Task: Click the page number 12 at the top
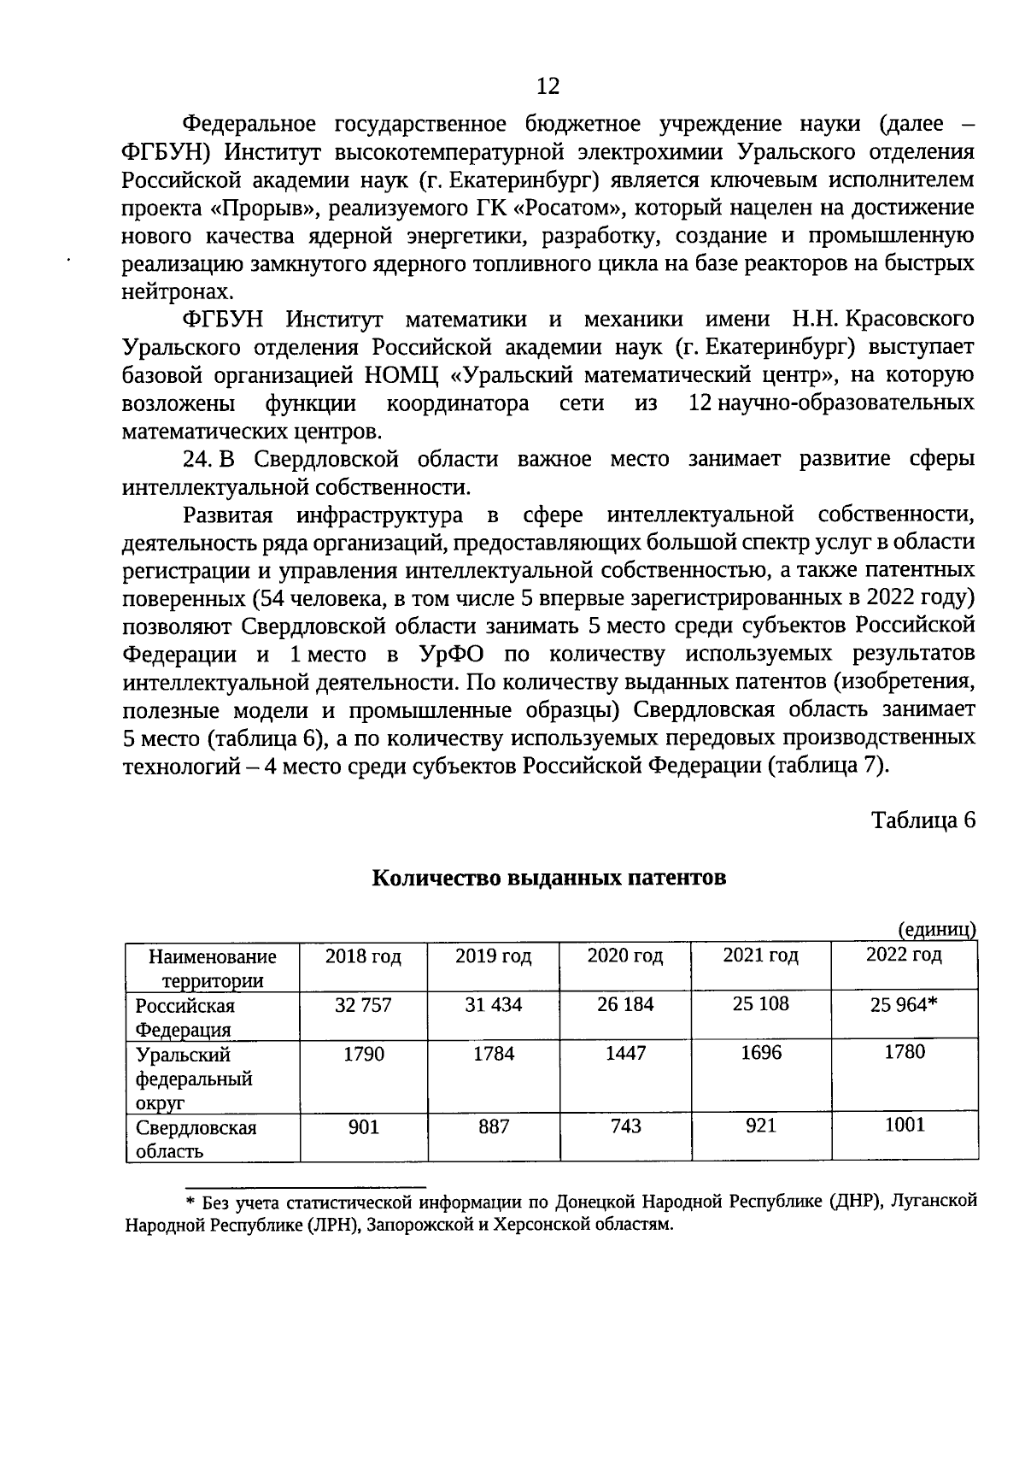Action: click(x=548, y=85)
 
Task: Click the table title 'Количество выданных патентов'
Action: click(x=549, y=878)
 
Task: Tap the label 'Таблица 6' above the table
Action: click(x=922, y=820)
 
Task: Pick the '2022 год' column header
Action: click(x=904, y=955)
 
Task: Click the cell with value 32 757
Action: click(x=363, y=1005)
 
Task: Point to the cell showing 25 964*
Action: click(x=904, y=1005)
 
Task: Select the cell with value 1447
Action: click(x=625, y=1054)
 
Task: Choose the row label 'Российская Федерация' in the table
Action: click(x=184, y=1018)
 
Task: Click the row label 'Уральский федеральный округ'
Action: click(x=194, y=1079)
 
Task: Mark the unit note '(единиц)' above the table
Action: click(x=936, y=930)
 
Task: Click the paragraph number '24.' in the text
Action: click(x=196, y=459)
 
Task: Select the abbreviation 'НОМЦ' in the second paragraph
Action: click(x=397, y=375)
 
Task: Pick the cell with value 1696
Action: click(x=760, y=1053)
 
